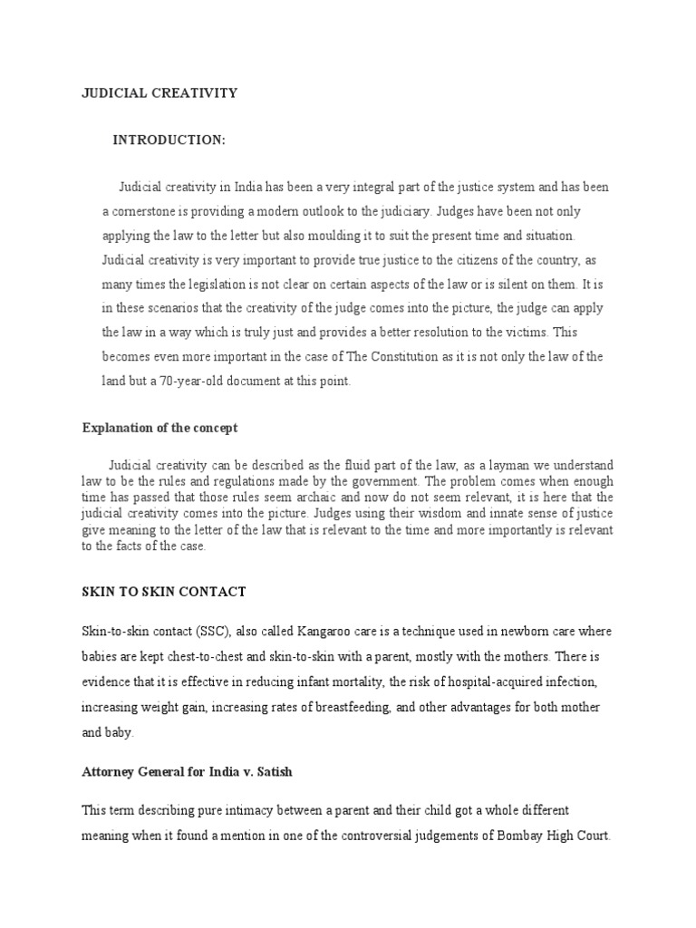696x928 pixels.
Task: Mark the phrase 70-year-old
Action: pyautogui.click(x=189, y=382)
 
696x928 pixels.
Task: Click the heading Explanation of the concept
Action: pyautogui.click(x=159, y=428)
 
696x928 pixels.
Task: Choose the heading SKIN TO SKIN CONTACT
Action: pyautogui.click(x=164, y=592)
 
